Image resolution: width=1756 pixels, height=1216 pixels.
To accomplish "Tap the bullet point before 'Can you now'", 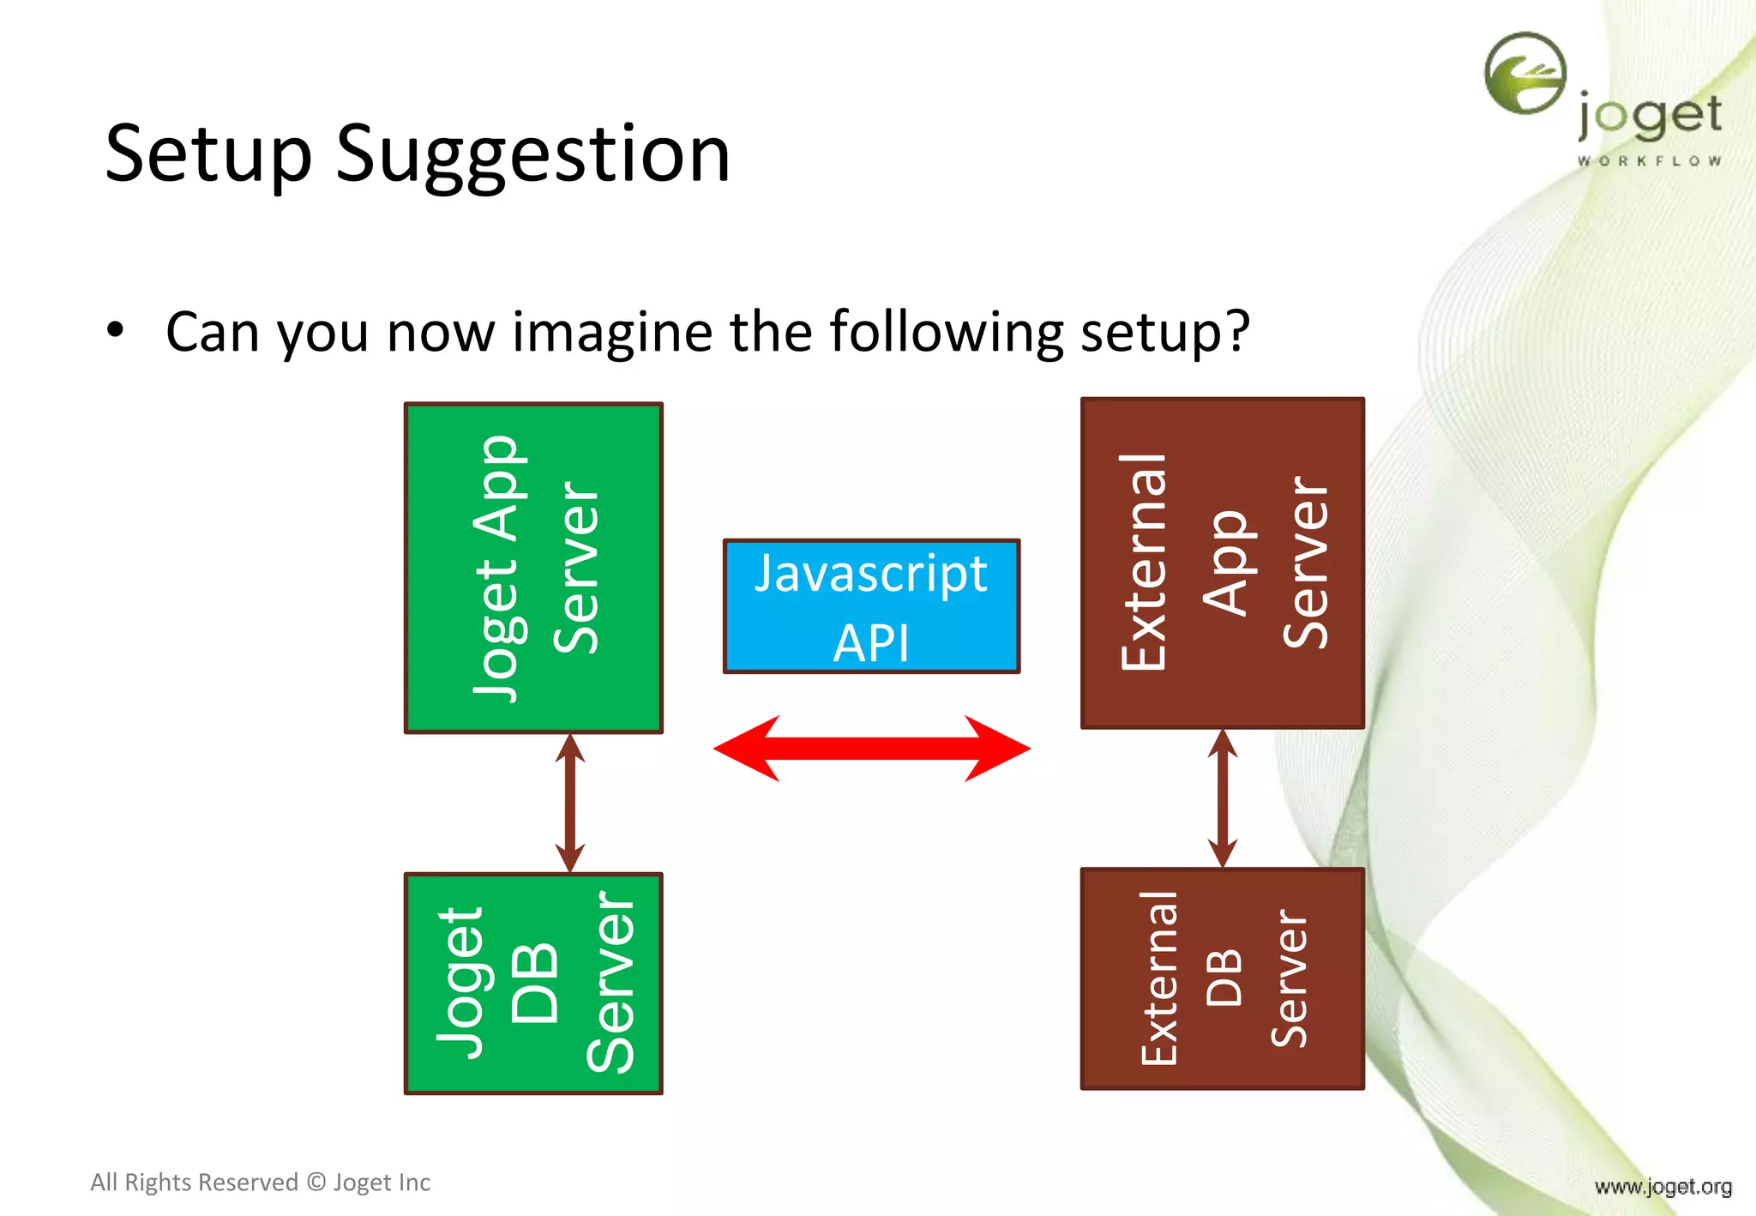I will point(115,330).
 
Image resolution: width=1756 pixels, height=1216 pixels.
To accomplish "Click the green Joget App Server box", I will point(533,568).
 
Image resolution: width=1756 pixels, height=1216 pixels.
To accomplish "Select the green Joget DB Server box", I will point(533,984).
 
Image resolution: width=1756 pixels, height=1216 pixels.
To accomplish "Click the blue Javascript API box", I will point(871,606).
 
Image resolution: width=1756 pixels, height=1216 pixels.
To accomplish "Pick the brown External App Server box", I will point(1222,563).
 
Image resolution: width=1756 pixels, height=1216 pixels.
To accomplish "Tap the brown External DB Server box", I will point(1222,978).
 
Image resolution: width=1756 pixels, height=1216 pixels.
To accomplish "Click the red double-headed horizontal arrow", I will point(871,749).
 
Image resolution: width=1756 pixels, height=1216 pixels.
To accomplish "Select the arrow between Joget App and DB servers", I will point(569,803).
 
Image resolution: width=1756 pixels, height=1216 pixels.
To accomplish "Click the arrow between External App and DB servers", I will point(1222,798).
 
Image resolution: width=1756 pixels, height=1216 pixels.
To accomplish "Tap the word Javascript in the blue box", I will point(871,575).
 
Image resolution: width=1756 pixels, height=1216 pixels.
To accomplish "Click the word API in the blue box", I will point(871,643).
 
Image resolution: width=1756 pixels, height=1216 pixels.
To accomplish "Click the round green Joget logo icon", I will point(1525,74).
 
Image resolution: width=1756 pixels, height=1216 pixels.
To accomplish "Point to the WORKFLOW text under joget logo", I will point(1649,160).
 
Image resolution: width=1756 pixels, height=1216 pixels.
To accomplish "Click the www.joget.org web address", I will point(1663,1187).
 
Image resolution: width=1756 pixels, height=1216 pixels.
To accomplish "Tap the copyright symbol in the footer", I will point(316,1183).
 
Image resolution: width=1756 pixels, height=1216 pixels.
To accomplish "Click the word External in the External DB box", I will point(1159,978).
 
